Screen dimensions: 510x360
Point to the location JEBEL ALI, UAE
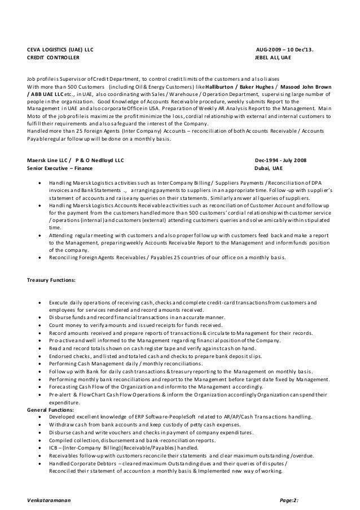[x=274, y=58]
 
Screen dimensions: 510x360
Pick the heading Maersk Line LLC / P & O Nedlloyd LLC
[x=76, y=160]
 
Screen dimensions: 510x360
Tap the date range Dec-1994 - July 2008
[x=281, y=160]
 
